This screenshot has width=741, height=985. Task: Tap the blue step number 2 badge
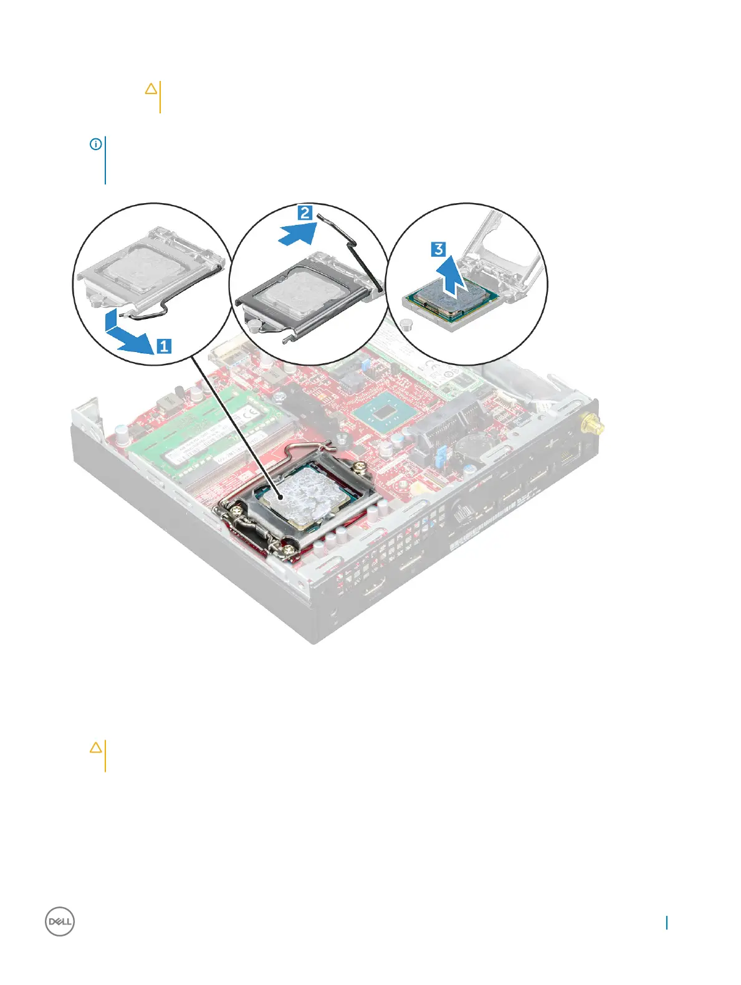tap(305, 213)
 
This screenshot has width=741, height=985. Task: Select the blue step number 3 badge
tap(439, 249)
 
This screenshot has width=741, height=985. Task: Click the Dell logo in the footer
tap(60, 921)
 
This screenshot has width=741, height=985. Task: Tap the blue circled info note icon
tap(96, 145)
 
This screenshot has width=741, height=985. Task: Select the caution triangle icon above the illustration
tap(151, 89)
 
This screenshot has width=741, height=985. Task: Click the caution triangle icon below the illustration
tap(96, 747)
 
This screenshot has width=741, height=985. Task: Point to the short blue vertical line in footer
tap(666, 923)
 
